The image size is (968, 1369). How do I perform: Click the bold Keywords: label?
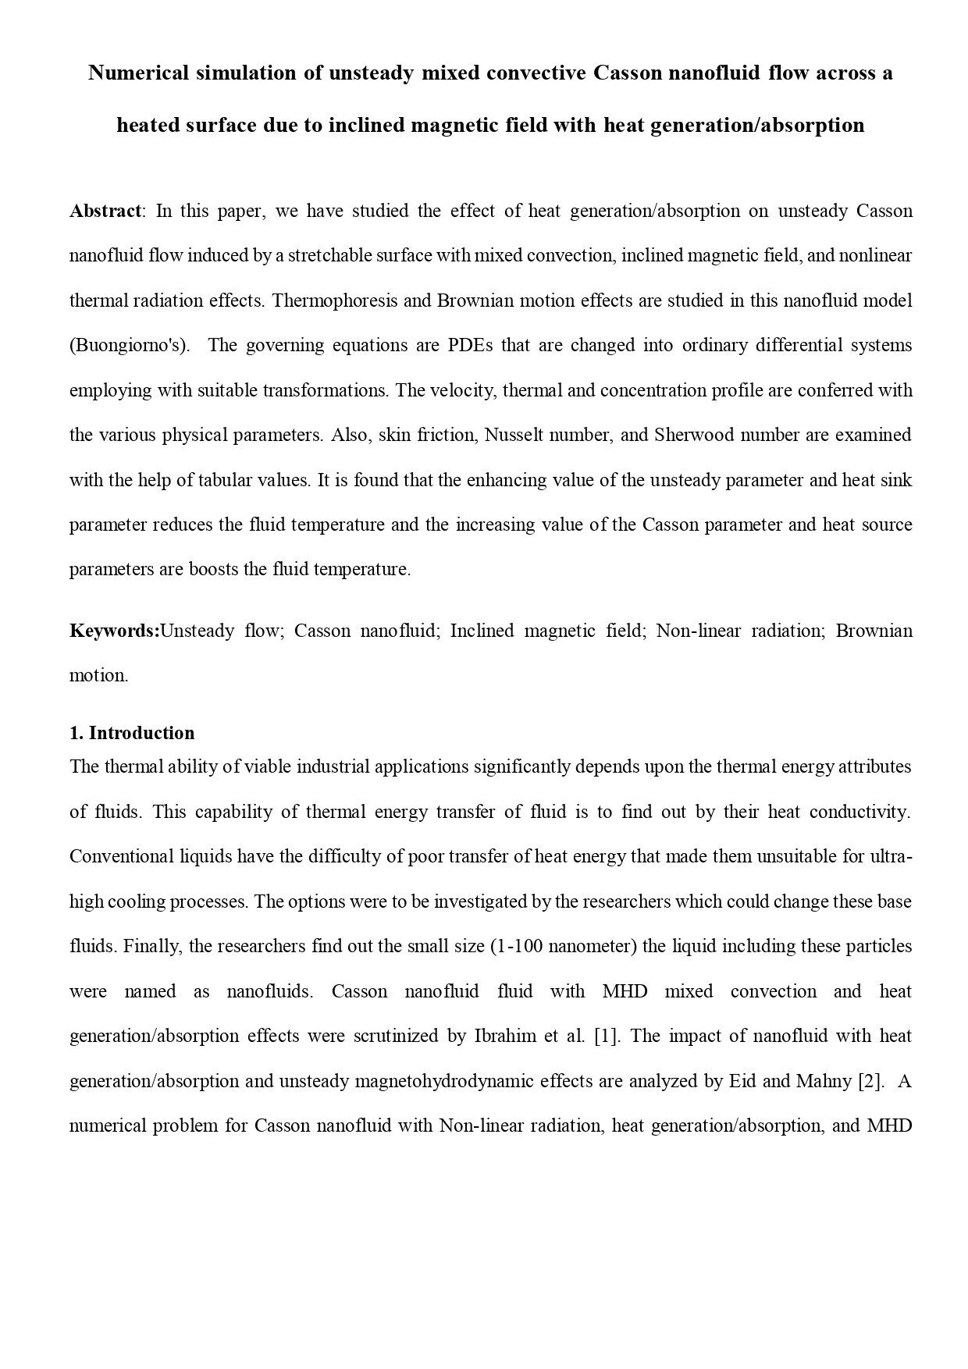click(x=114, y=631)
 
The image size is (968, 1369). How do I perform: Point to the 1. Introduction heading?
click(x=132, y=733)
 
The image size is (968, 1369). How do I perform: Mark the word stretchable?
click(x=333, y=256)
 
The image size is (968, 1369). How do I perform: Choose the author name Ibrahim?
click(x=505, y=1037)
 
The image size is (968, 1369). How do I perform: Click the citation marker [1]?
click(x=607, y=1037)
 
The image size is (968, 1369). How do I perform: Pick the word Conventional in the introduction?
click(x=118, y=857)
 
